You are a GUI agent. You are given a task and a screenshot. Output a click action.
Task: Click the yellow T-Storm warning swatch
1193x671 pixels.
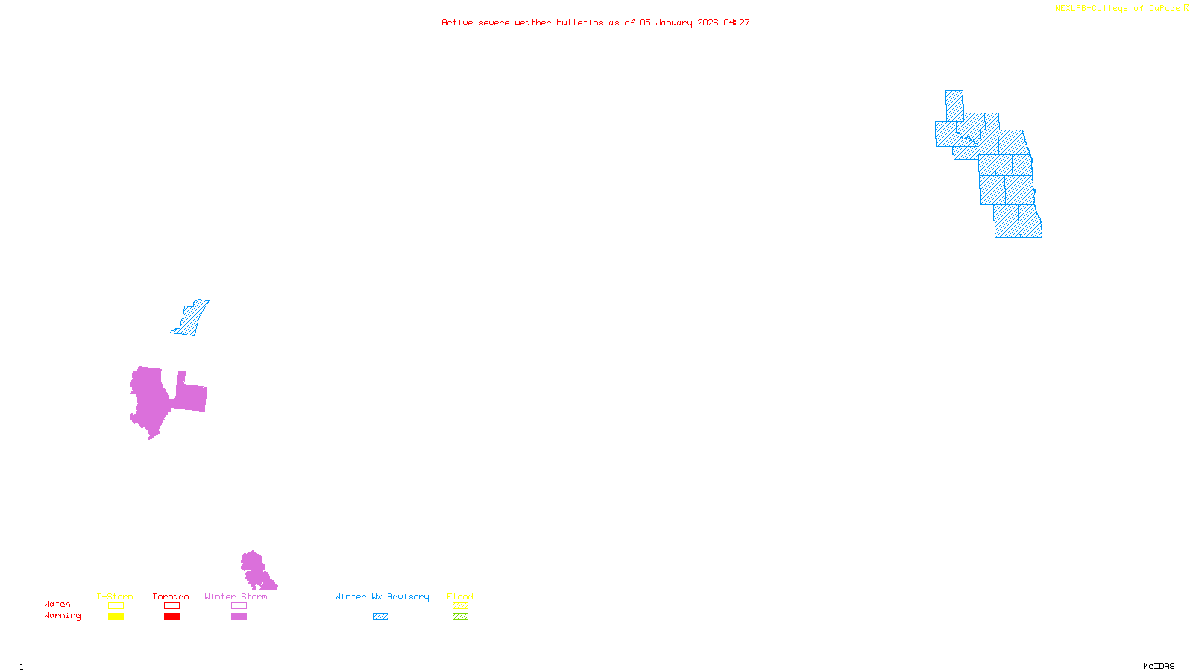tap(116, 617)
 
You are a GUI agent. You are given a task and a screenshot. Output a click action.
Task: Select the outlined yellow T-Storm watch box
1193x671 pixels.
tap(116, 606)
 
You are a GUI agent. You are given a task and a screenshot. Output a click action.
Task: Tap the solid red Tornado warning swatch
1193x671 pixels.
tap(171, 617)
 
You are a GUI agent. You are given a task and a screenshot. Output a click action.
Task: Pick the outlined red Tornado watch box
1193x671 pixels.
tap(171, 606)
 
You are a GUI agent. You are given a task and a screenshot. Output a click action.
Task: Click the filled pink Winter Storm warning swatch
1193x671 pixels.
tap(239, 617)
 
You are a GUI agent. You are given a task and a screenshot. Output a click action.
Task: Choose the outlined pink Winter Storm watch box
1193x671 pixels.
tap(239, 606)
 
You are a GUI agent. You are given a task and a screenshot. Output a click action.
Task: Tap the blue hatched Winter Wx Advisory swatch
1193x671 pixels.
tap(380, 617)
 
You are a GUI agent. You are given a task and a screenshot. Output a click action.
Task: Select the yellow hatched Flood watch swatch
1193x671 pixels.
tap(460, 606)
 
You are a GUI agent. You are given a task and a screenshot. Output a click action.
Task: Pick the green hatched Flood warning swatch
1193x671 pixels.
tap(460, 617)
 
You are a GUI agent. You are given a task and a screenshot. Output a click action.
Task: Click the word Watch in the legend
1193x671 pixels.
tap(57, 605)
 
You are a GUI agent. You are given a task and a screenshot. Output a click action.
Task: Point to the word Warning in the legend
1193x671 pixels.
tap(62, 616)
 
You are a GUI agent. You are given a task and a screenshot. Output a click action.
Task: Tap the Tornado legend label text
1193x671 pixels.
tap(171, 596)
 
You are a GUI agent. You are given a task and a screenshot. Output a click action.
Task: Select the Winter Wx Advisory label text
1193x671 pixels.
tap(382, 596)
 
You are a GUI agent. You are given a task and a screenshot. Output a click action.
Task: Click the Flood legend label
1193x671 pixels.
tap(460, 596)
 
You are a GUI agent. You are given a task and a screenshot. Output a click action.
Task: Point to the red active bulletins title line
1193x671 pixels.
tap(596, 23)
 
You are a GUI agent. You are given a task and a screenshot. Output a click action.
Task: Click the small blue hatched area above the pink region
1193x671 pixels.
tap(192, 319)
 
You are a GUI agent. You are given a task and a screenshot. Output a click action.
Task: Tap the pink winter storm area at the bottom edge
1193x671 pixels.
tap(256, 573)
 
